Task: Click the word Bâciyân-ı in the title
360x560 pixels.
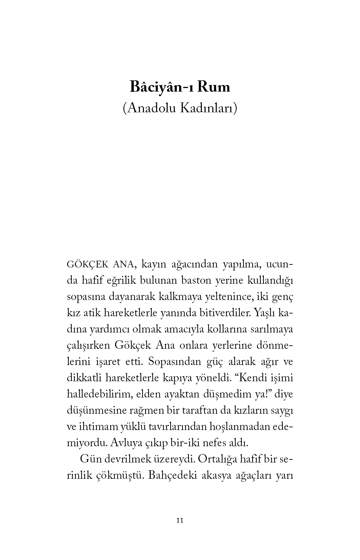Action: (x=161, y=87)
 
